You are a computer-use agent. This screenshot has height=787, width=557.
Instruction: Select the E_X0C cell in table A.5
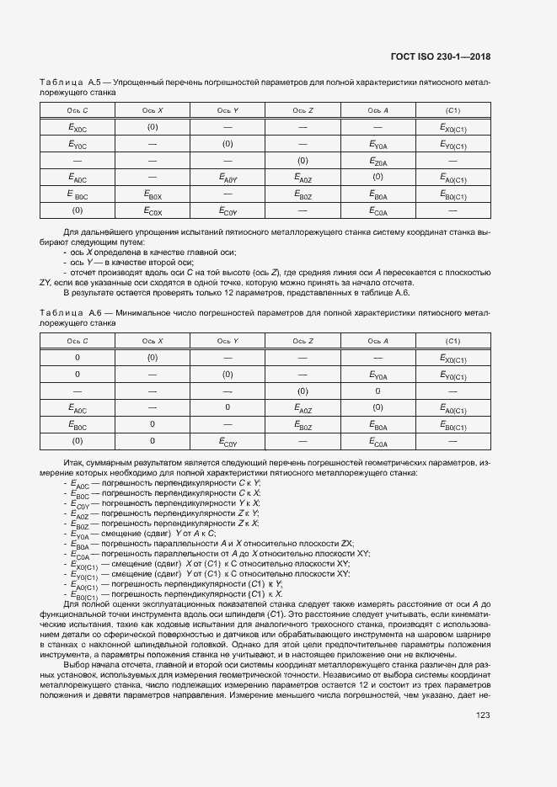coord(78,128)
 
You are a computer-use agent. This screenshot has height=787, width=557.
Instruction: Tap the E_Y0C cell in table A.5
coord(78,145)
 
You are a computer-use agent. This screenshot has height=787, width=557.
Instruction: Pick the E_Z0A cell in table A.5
coord(378,162)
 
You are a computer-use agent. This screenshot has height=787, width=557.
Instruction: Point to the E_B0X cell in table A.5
coord(153,194)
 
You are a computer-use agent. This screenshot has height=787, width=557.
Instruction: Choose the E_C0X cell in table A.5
coord(153,211)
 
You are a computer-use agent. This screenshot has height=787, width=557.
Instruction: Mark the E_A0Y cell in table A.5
coord(228,178)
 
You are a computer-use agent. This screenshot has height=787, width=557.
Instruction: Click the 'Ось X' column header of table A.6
coord(153,341)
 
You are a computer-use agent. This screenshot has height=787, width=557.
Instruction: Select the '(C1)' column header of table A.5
coord(453,111)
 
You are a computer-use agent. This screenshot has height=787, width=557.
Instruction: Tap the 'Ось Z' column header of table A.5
coord(303,111)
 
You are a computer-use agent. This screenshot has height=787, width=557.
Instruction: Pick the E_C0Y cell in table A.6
coord(228,441)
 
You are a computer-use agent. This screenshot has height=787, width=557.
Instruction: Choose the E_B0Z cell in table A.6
coord(303,425)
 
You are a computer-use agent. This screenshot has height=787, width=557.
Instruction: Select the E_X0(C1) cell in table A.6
coord(453,359)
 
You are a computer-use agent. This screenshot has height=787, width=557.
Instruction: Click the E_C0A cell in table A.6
coord(378,441)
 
